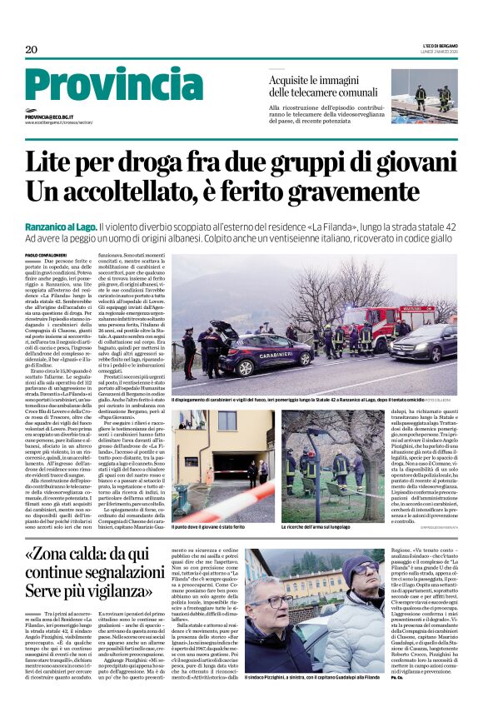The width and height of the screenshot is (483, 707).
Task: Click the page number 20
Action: (x=32, y=51)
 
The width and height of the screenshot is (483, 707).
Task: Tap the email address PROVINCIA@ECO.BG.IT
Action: (x=49, y=117)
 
